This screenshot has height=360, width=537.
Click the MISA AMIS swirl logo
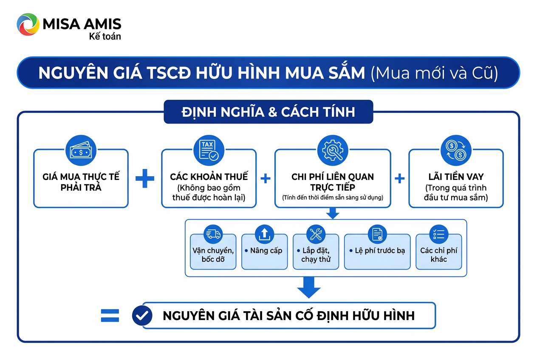point(28,25)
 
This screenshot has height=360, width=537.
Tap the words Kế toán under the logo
point(105,37)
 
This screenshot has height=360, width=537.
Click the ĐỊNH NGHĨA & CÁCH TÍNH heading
point(268,112)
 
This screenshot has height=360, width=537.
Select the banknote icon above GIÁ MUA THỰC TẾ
point(81,150)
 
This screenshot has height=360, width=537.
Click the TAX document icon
point(209,150)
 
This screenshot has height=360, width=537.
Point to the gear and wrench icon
point(333,150)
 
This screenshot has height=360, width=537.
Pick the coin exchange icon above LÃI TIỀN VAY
point(456,150)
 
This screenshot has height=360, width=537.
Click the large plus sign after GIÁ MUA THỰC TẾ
point(145,178)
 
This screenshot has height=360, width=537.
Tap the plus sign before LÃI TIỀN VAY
point(400,178)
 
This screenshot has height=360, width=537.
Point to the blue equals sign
point(110,315)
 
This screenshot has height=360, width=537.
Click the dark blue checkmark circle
point(142,315)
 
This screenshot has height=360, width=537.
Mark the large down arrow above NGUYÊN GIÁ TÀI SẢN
point(309,288)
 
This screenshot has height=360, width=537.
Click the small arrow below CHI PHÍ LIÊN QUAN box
point(333,214)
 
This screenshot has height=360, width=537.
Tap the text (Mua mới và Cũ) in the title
point(434,73)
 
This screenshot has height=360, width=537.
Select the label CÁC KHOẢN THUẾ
point(209,177)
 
